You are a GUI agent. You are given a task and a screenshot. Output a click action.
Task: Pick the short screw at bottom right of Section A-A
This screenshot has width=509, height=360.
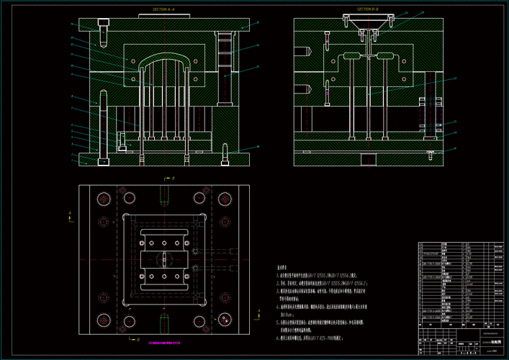tap(228, 153)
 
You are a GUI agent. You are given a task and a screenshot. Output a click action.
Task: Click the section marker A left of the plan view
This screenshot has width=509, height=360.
tap(69, 213)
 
